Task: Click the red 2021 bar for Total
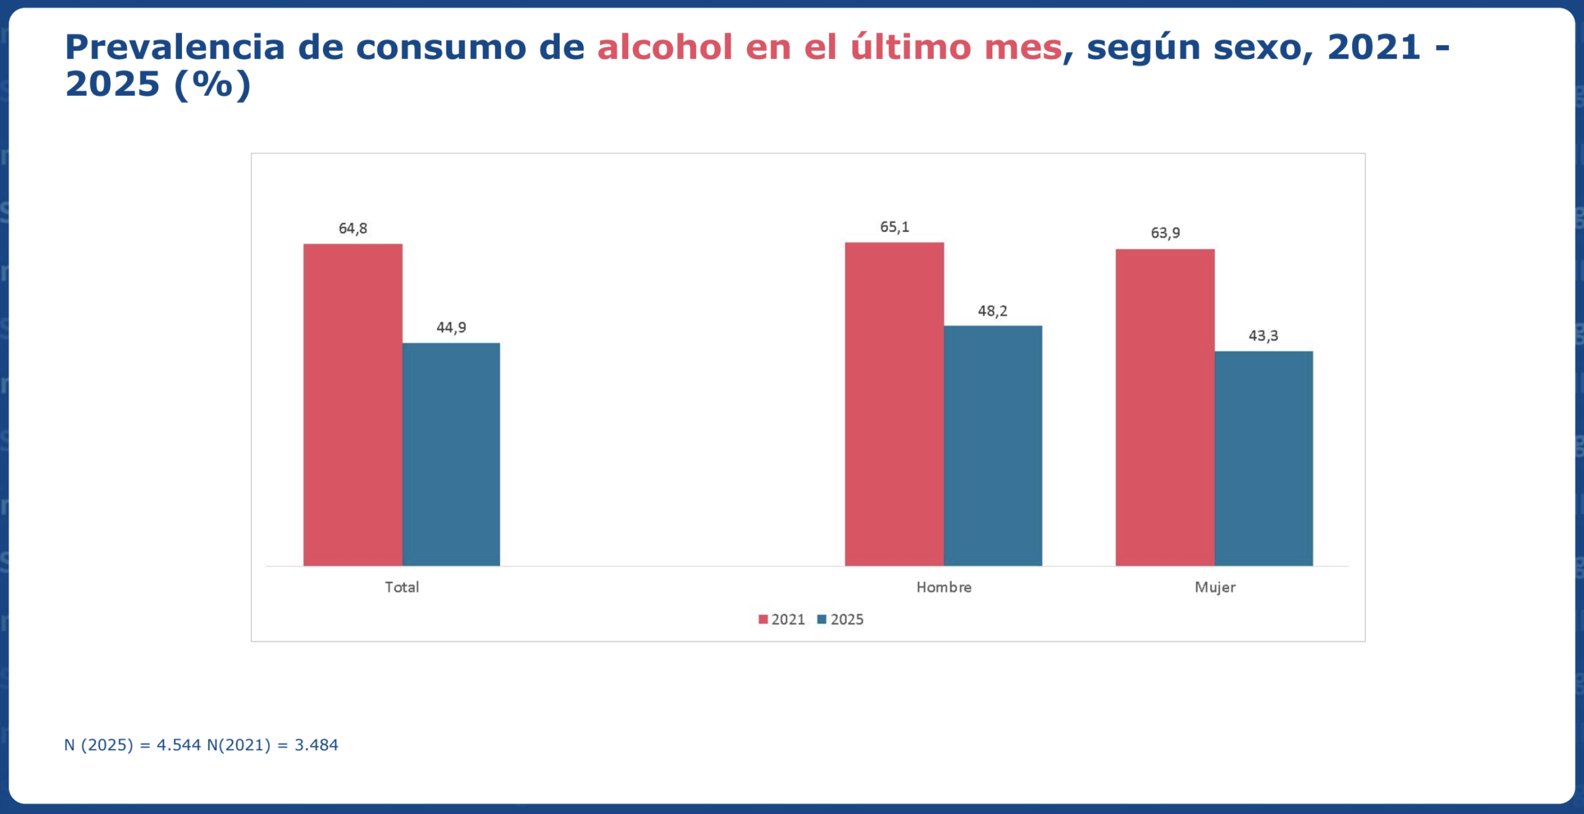pyautogui.click(x=353, y=405)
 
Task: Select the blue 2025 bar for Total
pyautogui.click(x=451, y=454)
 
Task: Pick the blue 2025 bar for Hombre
pyautogui.click(x=992, y=446)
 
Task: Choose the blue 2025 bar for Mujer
pyautogui.click(x=1263, y=458)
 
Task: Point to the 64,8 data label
pyautogui.click(x=353, y=228)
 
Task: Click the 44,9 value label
pyautogui.click(x=451, y=327)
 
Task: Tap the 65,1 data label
pyautogui.click(x=895, y=227)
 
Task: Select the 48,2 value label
pyautogui.click(x=992, y=311)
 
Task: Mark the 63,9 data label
pyautogui.click(x=1165, y=233)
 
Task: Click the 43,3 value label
pyautogui.click(x=1263, y=336)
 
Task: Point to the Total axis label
pyautogui.click(x=402, y=587)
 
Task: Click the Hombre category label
pyautogui.click(x=944, y=587)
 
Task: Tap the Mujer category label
pyautogui.click(x=1215, y=587)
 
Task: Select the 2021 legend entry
pyautogui.click(x=781, y=620)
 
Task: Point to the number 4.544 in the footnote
pyautogui.click(x=178, y=745)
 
